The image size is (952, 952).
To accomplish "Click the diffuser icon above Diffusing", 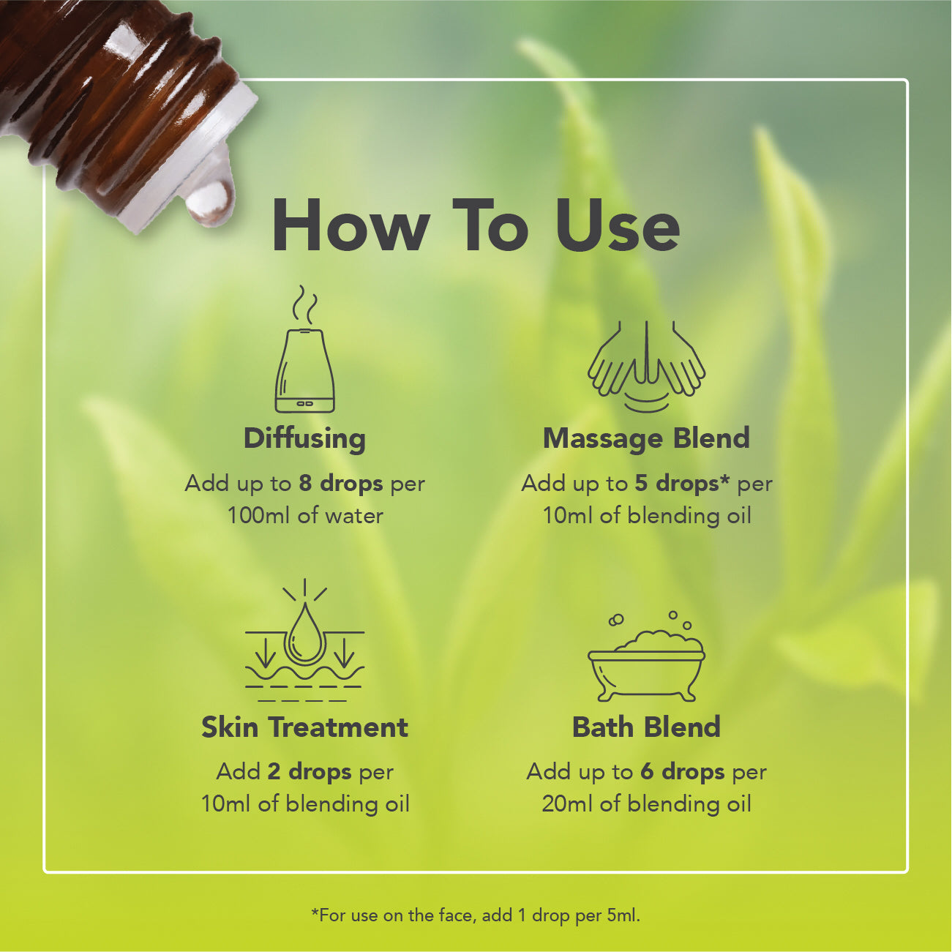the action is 305,349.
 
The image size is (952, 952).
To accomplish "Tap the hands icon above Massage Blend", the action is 646,366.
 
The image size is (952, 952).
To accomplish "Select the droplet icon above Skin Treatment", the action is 305,640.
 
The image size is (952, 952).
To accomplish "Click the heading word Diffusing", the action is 305,439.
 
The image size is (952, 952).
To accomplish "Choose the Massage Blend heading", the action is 646,438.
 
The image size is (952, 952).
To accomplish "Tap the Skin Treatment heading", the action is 305,727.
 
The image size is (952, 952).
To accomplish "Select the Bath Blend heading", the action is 646,727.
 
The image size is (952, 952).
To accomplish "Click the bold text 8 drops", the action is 341,484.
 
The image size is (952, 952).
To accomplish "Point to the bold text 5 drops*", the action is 682,484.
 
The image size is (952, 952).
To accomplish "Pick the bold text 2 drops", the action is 310,772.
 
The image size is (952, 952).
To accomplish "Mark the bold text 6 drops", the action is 683,772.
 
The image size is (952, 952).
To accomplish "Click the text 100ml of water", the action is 305,516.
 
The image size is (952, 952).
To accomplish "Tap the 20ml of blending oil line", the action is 646,804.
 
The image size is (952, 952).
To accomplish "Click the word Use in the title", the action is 618,226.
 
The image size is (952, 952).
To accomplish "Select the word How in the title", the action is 351,226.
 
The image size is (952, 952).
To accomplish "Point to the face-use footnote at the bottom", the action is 475,915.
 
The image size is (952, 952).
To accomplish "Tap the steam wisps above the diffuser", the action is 304,304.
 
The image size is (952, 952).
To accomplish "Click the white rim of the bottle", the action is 188,158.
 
